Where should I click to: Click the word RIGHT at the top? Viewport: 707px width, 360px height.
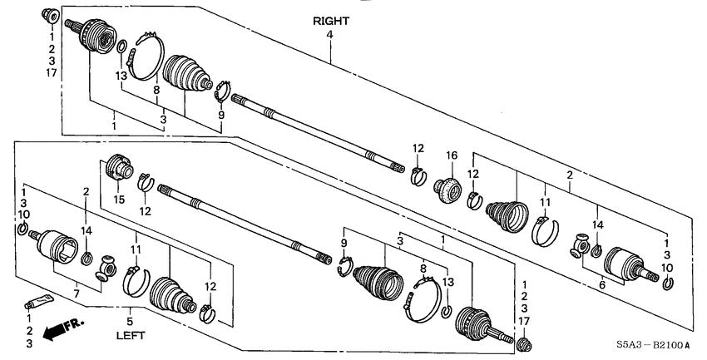331,21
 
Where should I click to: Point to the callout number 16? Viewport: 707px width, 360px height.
453,155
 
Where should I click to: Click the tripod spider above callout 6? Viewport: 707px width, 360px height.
579,246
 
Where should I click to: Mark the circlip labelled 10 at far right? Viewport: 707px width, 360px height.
668,287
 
